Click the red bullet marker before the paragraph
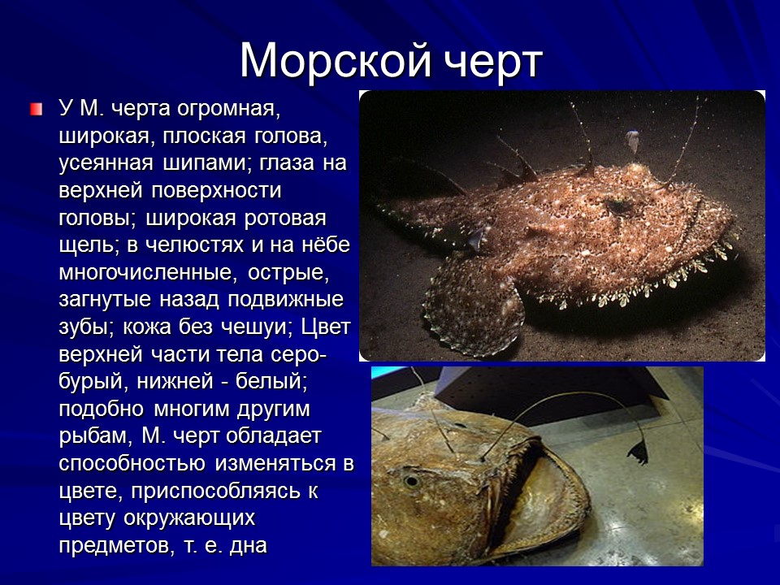pyautogui.click(x=36, y=109)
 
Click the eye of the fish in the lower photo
pyautogui.click(x=412, y=481)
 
